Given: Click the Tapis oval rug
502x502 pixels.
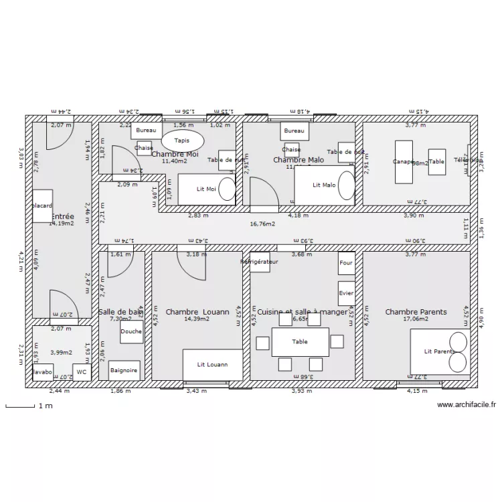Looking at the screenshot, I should [182, 141].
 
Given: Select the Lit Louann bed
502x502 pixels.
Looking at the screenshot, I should [212, 365].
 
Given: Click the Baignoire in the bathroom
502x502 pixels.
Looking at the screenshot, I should [124, 369].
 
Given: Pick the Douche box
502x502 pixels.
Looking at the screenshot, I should [131, 331].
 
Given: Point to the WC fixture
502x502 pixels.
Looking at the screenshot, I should [82, 371].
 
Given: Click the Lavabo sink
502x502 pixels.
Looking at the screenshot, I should [42, 371].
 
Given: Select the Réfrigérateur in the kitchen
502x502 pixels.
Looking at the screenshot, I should [259, 262].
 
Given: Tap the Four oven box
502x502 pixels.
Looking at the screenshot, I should [346, 263].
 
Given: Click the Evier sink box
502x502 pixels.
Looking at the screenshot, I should [346, 293].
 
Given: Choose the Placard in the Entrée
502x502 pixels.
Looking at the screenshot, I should [42, 205].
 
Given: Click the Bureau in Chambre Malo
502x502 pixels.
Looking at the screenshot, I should [293, 131].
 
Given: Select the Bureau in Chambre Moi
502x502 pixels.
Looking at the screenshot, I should [147, 131].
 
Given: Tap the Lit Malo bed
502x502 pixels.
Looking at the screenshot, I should [325, 185].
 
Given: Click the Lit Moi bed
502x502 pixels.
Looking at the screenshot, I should [206, 189].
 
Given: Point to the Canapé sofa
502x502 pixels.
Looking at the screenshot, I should [404, 161].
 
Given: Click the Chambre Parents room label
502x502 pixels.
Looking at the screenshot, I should [416, 312].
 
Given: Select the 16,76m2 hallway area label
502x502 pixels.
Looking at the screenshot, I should [262, 224].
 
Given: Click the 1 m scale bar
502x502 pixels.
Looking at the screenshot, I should [20, 406].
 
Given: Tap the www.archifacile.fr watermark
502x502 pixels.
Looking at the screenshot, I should [466, 404].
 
